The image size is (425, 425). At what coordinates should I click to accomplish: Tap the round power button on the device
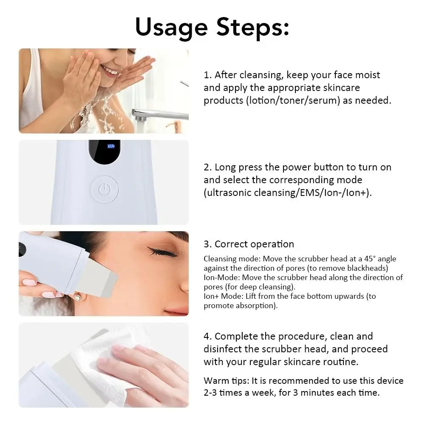coord(104,189)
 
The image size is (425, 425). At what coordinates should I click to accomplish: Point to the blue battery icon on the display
coord(111,146)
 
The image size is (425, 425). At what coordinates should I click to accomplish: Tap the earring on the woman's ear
coord(78,297)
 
